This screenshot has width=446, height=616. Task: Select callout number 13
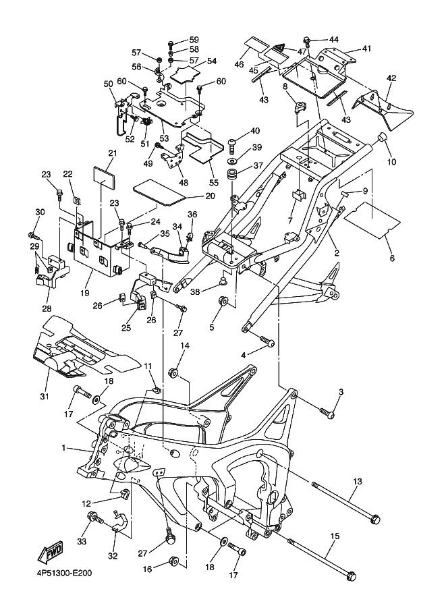[x=358, y=481]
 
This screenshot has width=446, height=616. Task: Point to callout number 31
[x=45, y=395]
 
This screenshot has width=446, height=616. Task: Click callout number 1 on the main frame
[x=65, y=447]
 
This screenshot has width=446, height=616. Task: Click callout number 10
[x=393, y=163]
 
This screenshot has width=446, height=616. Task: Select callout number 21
[x=112, y=153]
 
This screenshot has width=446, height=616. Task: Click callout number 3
[x=341, y=393]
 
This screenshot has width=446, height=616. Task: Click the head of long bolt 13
[x=376, y=519]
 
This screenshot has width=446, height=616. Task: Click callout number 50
[x=108, y=84]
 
